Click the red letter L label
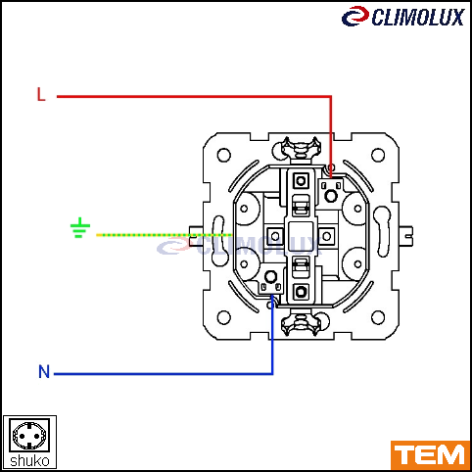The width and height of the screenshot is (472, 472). coord(41,94)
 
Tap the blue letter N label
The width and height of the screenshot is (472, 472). coord(44,371)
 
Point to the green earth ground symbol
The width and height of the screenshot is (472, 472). coord(80,227)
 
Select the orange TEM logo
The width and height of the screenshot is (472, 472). coord(430,455)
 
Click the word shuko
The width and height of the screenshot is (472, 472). coord(29,461)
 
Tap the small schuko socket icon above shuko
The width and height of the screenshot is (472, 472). coord(29,435)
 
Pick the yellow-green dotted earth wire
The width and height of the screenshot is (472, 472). coord(164,235)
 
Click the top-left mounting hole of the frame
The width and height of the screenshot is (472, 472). coord(224,155)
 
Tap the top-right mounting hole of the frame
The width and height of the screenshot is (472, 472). coord(378,155)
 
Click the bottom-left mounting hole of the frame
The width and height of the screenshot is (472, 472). coord(224,317)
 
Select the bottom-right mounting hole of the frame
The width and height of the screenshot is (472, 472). coord(378,317)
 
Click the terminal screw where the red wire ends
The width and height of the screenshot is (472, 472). coord(331,196)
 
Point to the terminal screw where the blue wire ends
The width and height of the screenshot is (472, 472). coord(270,277)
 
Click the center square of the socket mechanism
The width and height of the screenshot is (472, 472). coord(301,236)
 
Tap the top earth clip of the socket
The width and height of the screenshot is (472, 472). coord(301,149)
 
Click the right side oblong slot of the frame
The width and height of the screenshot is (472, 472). coord(383,232)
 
